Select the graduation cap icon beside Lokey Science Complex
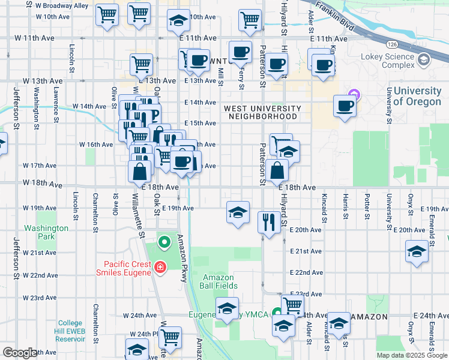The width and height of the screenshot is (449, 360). pos(424,59)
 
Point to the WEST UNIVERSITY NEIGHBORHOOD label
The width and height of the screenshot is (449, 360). pos(261,112)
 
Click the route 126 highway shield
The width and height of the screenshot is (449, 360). pos(391,44)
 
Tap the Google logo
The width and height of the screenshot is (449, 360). pos(20,353)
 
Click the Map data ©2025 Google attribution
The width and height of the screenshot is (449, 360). pos(411,355)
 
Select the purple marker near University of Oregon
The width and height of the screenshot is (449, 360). pos(354,94)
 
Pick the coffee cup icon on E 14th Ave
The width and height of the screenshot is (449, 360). pos(345,106)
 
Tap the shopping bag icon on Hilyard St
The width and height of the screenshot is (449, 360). pos(279,170)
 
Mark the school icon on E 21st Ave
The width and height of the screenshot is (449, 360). pos(417,251)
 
